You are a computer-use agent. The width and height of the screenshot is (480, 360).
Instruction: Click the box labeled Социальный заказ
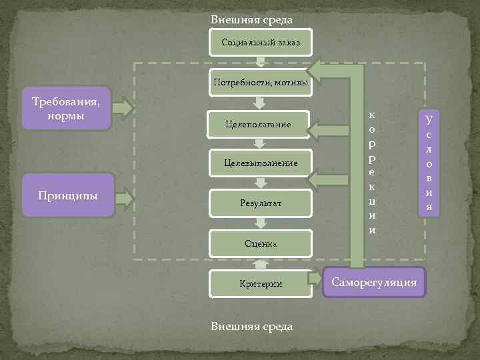click(260, 43)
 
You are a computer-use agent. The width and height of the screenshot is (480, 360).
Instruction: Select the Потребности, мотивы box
click(260, 83)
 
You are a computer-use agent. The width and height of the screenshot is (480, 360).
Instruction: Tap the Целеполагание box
click(260, 124)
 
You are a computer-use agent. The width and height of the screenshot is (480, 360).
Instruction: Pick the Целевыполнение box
click(260, 163)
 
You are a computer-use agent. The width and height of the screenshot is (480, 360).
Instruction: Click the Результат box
click(260, 203)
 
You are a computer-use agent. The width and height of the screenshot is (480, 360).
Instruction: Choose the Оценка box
click(260, 244)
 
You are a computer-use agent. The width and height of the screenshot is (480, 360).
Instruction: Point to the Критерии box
click(260, 283)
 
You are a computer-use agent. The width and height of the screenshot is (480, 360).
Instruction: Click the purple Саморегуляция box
click(374, 283)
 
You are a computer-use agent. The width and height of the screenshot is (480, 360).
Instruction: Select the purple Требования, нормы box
click(66, 107)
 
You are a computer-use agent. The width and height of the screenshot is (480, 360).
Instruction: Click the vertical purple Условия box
click(429, 163)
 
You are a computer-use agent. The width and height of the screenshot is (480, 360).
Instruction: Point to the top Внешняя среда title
click(251, 20)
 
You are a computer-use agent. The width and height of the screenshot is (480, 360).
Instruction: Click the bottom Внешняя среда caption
click(251, 326)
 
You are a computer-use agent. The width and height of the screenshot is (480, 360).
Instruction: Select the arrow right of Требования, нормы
click(124, 107)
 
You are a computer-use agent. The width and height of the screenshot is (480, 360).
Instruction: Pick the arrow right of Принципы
click(124, 197)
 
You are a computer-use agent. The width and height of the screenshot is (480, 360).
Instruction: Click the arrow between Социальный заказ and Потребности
click(261, 63)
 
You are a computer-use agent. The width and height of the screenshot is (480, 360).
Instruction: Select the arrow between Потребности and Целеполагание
click(261, 103)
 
